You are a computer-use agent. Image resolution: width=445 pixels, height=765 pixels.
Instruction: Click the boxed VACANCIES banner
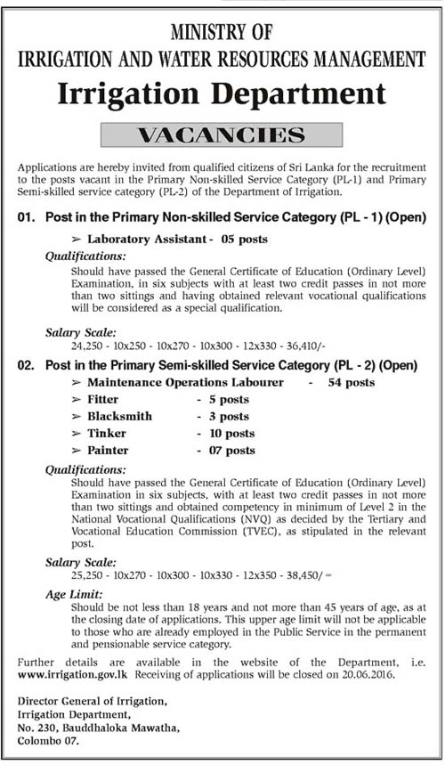point(222,135)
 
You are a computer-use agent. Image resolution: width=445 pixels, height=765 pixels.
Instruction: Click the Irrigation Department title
point(222,94)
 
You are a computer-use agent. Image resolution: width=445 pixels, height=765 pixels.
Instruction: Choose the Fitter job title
point(103,399)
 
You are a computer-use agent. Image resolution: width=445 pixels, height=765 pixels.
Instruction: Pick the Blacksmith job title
point(119,416)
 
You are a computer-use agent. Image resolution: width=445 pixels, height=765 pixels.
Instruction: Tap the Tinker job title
point(107,433)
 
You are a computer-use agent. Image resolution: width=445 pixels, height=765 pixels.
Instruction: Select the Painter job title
point(108,450)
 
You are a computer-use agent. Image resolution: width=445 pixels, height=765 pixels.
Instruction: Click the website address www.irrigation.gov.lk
point(67,676)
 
